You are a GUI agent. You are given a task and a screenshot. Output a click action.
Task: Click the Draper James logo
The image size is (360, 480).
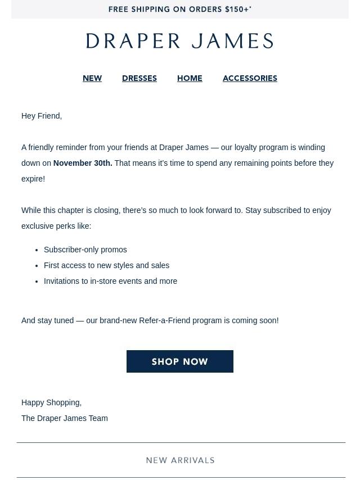[x=180, y=41]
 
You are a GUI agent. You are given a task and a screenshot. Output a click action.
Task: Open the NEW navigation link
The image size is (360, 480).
[x=92, y=79]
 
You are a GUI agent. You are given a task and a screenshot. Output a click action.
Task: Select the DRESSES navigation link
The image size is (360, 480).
[x=139, y=79]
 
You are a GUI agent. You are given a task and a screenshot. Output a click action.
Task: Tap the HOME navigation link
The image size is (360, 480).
[x=190, y=79]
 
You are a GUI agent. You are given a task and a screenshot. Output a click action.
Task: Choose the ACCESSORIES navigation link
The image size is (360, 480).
[x=250, y=79]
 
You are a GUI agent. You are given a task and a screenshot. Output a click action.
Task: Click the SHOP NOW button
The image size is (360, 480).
[x=180, y=361]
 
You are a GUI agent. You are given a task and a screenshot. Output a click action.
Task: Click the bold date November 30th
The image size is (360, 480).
[x=83, y=163]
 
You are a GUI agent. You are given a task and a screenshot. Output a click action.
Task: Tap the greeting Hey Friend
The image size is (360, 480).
[x=42, y=116]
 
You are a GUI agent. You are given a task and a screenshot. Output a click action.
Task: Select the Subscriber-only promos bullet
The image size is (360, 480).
[x=85, y=250]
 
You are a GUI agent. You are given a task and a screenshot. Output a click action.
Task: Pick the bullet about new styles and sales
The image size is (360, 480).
[x=107, y=265]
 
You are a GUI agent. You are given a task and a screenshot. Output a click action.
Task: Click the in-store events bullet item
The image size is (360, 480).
[x=111, y=281]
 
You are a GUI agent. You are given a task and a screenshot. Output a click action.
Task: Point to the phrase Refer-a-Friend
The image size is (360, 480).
[x=164, y=320]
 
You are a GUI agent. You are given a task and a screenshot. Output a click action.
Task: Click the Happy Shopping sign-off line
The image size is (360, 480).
[x=52, y=402]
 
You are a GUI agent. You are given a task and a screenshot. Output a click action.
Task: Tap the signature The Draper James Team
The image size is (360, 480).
[x=65, y=418]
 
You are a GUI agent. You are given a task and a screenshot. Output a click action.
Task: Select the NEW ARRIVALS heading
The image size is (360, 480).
[x=180, y=460]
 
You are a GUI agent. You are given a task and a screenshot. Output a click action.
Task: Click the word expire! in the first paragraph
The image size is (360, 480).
[x=33, y=179]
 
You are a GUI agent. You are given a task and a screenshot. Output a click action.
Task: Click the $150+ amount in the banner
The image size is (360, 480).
[x=237, y=10]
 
